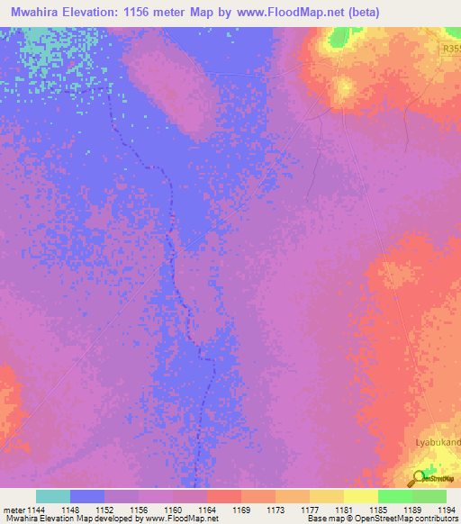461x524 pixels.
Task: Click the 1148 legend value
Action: (71, 510)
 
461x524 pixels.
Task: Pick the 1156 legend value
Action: (140, 510)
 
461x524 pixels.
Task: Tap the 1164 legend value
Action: (208, 510)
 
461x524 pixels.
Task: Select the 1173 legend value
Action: (276, 510)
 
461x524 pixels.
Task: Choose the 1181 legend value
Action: (345, 510)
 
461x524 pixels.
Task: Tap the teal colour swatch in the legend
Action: (52, 496)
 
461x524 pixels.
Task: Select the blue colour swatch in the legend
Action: (87, 496)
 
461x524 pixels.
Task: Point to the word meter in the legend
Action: (13, 510)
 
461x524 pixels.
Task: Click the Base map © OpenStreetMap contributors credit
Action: (381, 519)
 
